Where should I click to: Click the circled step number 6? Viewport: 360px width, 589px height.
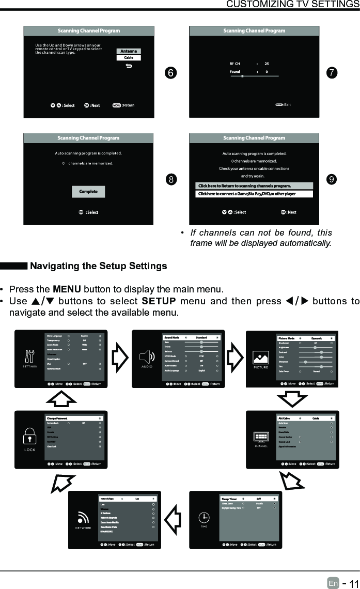coord(169,73)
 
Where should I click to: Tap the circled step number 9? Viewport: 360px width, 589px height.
coord(332,180)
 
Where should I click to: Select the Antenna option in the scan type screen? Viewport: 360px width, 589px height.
coord(129,51)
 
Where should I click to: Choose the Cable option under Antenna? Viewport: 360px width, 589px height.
coord(129,57)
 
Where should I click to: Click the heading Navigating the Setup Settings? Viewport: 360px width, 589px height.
coord(99,267)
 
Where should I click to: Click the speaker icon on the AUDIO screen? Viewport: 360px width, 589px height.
coord(147,356)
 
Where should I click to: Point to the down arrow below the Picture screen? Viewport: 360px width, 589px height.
coord(292,398)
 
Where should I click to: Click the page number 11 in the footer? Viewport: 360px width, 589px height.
coord(352,583)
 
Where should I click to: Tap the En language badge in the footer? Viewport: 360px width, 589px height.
coord(333,583)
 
